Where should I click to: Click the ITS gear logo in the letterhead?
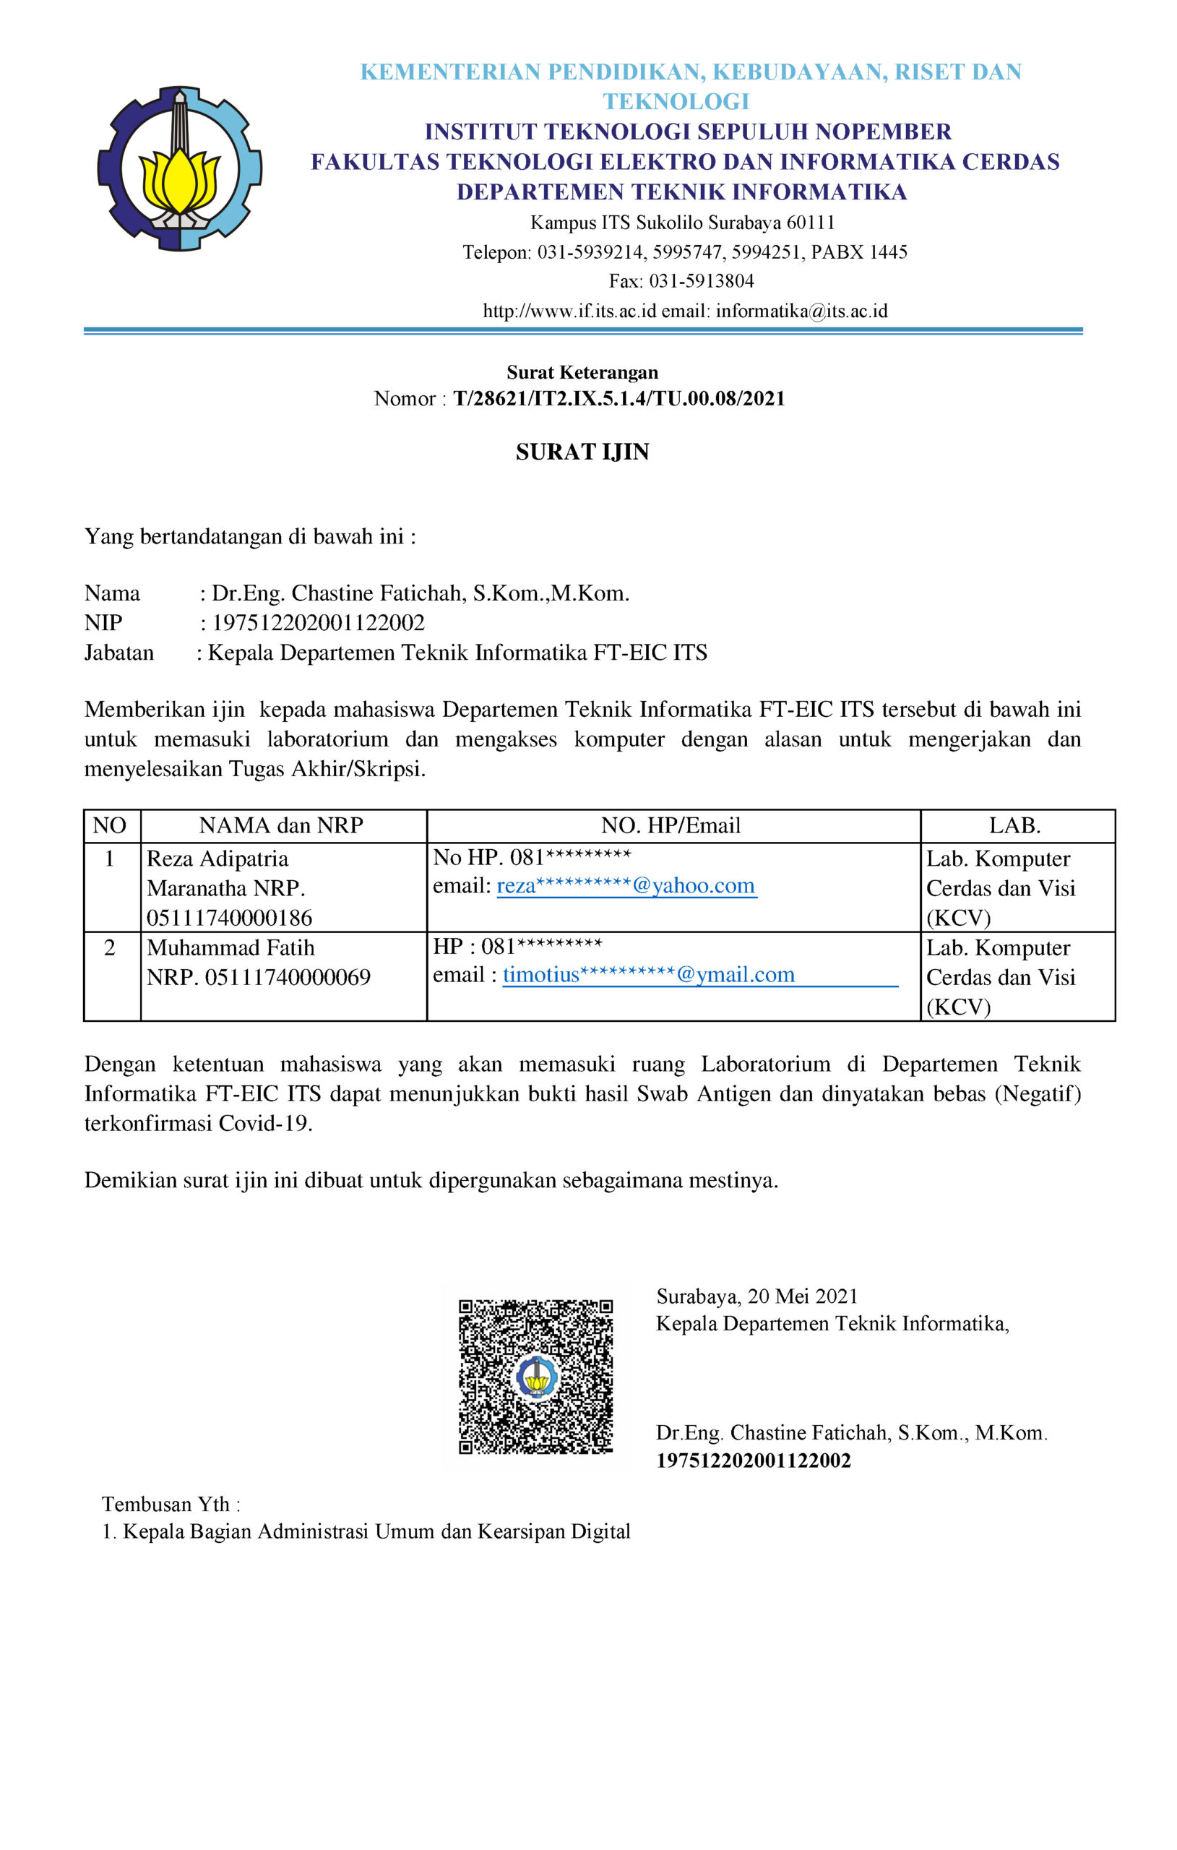pyautogui.click(x=179, y=168)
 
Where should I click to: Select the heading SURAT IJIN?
pyautogui.click(x=582, y=452)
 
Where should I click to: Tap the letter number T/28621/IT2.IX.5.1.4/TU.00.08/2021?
pyautogui.click(x=618, y=399)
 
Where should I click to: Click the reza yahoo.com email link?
pyautogui.click(x=626, y=886)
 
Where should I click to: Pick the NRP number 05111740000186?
pyautogui.click(x=229, y=918)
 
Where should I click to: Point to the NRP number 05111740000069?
pyautogui.click(x=288, y=977)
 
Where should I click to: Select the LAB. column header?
pyautogui.click(x=1014, y=826)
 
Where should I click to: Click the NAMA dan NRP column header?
pyautogui.click(x=281, y=826)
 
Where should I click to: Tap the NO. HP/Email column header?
pyautogui.click(x=671, y=826)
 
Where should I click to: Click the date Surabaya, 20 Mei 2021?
pyautogui.click(x=756, y=1297)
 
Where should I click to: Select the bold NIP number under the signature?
pyautogui.click(x=753, y=1460)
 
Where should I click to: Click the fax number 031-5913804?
pyautogui.click(x=702, y=281)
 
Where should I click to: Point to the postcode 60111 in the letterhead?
pyautogui.click(x=811, y=223)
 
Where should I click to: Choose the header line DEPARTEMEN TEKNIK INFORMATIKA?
pyautogui.click(x=681, y=192)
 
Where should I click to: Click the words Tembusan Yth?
pyautogui.click(x=171, y=1504)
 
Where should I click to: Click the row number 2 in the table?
pyautogui.click(x=110, y=948)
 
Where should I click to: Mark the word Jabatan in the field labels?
pyautogui.click(x=119, y=653)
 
